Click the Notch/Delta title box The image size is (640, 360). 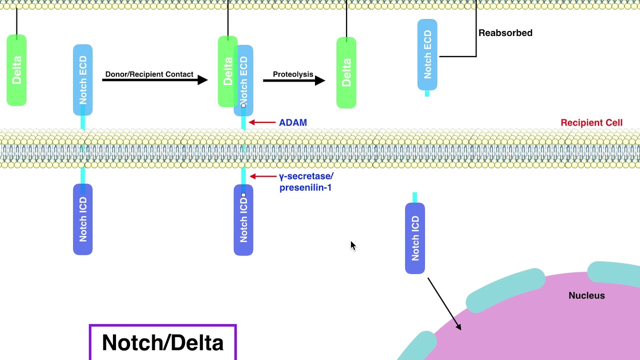162,342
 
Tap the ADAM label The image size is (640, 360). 293,122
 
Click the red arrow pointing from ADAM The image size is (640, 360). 262,122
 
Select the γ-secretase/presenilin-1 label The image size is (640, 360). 306,182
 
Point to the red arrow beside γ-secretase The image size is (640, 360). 263,176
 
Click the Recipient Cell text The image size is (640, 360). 591,122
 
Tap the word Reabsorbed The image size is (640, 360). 505,33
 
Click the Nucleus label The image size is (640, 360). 586,295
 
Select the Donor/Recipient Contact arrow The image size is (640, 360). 155,80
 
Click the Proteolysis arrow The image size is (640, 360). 294,80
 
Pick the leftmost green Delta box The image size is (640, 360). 16,70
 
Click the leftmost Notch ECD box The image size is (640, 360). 83,80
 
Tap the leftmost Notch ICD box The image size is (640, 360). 83,219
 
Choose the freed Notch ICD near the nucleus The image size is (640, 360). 415,238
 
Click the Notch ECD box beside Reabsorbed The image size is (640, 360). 427,55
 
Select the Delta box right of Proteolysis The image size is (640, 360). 346,72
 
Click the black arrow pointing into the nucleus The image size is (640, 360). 444,304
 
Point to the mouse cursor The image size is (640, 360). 352,245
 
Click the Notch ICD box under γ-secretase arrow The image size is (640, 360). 243,220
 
